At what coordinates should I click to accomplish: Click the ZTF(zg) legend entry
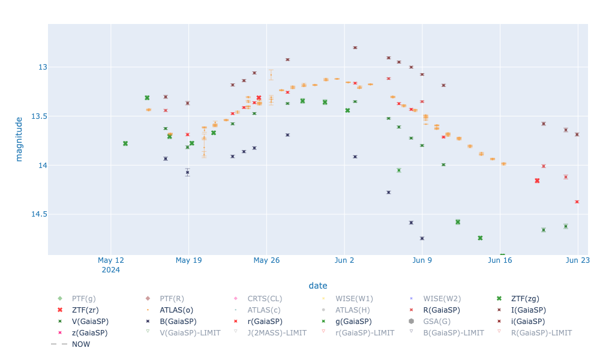tap(524, 298)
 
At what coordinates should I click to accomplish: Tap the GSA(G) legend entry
tap(439, 321)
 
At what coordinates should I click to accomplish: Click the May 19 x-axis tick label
tap(189, 260)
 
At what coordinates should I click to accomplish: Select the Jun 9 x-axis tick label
tap(422, 260)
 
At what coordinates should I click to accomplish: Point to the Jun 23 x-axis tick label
tap(577, 260)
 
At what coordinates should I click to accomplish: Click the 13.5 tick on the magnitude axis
tap(34, 116)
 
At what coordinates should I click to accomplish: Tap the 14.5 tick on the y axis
tap(34, 214)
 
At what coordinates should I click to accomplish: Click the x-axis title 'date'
tap(318, 286)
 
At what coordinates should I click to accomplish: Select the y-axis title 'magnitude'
tap(19, 139)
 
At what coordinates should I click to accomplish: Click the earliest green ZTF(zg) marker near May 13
tap(125, 143)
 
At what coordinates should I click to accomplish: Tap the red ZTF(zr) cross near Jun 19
tap(537, 181)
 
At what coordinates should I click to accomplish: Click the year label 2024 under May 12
tap(111, 270)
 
